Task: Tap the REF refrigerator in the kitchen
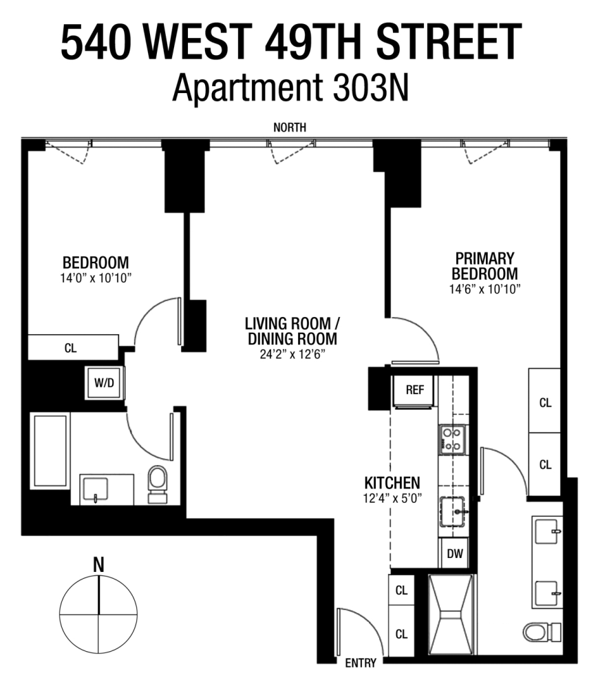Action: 414,389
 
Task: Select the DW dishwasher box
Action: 455,553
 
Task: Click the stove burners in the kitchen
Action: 452,439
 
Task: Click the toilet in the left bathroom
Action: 158,483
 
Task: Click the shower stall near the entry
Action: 451,613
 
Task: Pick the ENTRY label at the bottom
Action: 361,664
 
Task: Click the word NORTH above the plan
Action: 290,127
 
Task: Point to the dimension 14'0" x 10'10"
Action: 96,278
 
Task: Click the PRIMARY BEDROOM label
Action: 484,267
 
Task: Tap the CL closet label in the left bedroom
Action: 70,347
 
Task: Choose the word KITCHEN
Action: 392,483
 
